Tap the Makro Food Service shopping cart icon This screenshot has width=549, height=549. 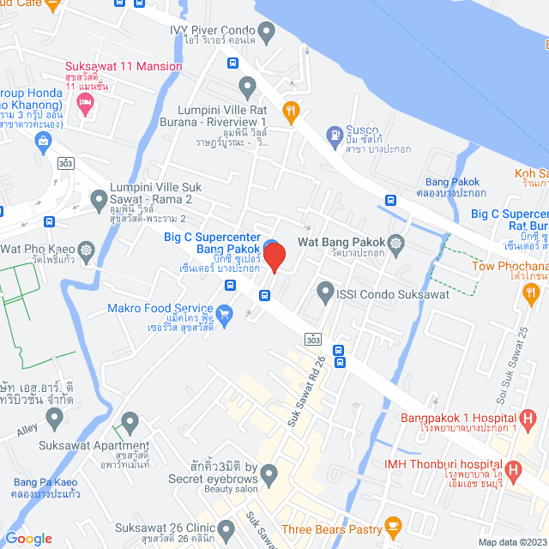[225, 315]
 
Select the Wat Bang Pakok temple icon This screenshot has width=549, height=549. [395, 244]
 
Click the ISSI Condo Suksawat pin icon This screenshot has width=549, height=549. [325, 293]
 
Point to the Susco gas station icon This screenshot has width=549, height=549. [334, 135]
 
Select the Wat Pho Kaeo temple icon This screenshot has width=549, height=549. [87, 250]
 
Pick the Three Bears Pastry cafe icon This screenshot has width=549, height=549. [393, 525]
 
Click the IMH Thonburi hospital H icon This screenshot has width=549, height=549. [513, 469]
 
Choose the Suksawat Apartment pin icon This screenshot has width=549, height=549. [130, 422]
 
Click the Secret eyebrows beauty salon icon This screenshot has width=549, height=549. [269, 473]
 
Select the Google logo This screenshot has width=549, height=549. [29, 538]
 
